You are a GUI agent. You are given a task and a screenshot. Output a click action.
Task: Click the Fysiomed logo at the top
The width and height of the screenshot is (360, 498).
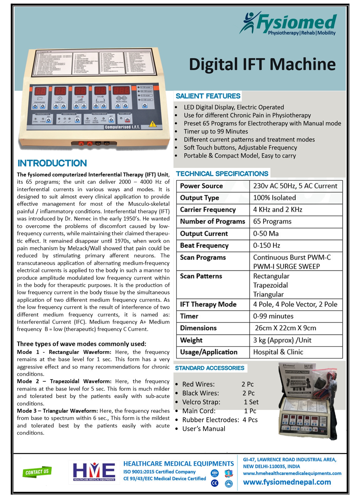pos(288,23)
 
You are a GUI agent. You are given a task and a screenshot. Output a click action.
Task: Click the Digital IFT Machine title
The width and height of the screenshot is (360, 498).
pos(262,64)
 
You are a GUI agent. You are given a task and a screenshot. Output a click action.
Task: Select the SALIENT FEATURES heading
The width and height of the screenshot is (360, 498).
pos(208,96)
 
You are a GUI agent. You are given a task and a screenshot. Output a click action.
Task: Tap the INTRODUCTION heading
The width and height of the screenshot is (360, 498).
pos(52,163)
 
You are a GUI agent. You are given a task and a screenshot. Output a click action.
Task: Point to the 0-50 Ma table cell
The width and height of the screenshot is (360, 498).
pos(266,234)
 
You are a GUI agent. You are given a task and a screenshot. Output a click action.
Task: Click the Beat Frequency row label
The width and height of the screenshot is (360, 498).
pos(204,246)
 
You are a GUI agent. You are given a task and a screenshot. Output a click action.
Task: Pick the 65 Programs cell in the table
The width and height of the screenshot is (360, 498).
pos(272,222)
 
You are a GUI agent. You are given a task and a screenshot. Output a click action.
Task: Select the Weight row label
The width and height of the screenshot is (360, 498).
pos(191,340)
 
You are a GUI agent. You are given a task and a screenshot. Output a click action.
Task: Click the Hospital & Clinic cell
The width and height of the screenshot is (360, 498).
pos(278,352)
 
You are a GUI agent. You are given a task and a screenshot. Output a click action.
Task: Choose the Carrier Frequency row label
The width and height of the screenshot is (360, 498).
pos(208,210)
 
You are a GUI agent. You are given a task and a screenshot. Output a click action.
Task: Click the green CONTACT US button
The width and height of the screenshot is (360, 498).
pos(37,472)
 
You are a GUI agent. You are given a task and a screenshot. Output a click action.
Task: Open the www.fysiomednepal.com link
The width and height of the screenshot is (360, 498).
pos(287,482)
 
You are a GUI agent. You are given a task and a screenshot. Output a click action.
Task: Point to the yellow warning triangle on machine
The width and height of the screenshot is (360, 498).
pos(152,124)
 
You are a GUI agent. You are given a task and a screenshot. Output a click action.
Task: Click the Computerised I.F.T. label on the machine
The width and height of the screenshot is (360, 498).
pos(122,127)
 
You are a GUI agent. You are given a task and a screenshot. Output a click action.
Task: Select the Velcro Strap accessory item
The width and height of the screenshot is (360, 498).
pos(201,402)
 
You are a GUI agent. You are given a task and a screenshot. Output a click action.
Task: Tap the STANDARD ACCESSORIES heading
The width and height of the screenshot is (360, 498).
pos(210,368)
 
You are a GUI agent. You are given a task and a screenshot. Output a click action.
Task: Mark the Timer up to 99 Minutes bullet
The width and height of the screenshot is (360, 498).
pos(216,131)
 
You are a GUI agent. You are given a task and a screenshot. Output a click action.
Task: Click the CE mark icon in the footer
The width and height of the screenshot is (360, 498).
pos(214,483)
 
